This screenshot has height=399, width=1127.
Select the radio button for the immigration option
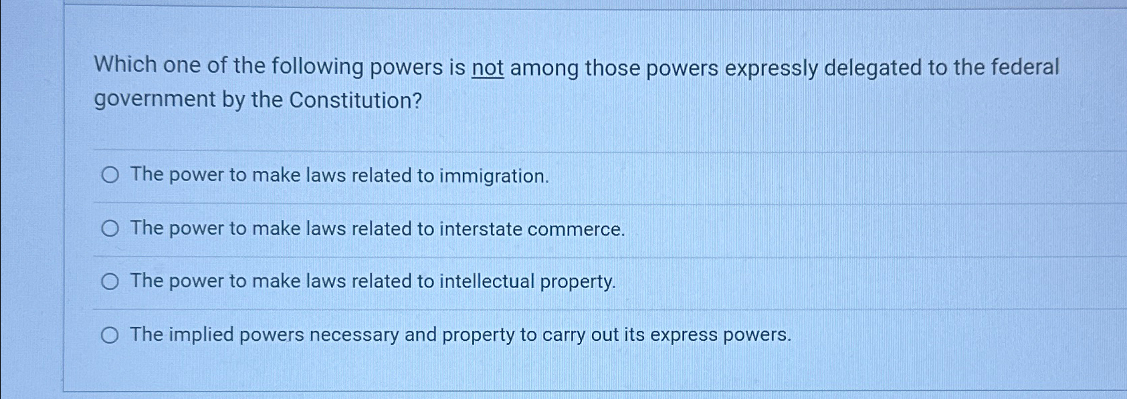[110, 175]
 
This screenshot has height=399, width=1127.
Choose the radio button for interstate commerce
[110, 229]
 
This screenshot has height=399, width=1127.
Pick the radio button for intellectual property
[110, 281]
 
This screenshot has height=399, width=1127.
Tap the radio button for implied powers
[110, 335]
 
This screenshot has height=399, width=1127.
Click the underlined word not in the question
[488, 68]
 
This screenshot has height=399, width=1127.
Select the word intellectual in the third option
[487, 281]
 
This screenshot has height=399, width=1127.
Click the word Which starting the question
[125, 65]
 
